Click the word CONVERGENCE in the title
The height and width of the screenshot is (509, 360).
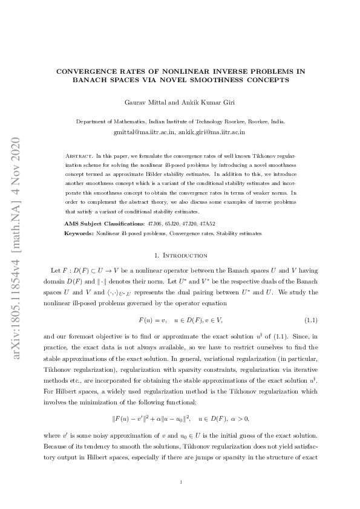(83, 71)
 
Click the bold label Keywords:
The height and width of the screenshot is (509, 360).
(79, 233)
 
